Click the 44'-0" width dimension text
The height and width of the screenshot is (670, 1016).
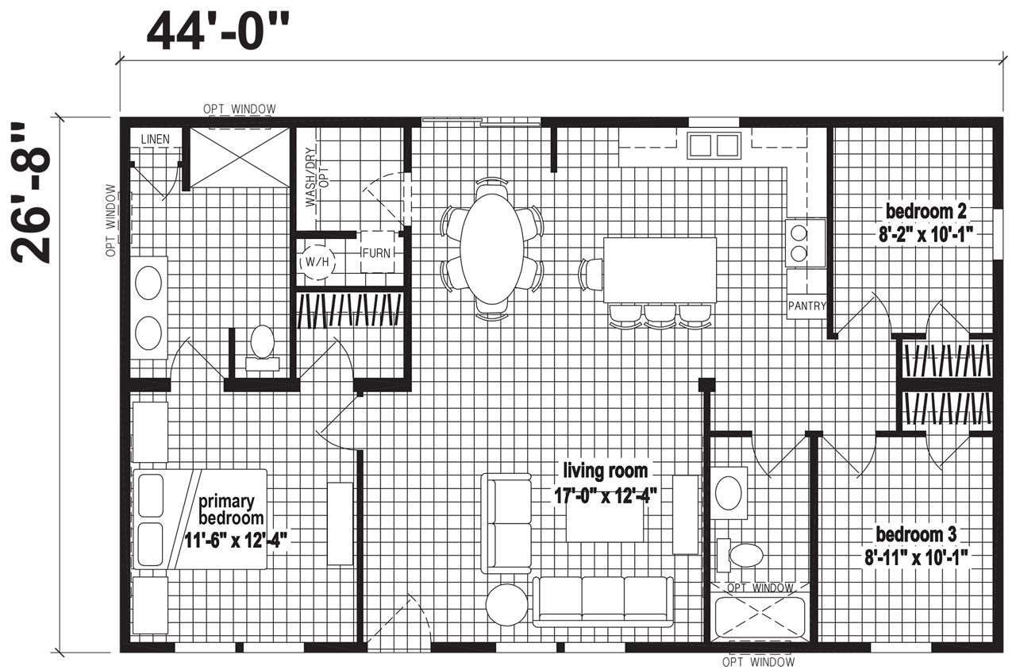(x=217, y=33)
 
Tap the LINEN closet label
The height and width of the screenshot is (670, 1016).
(x=155, y=139)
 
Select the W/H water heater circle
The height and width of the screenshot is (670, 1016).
(x=317, y=262)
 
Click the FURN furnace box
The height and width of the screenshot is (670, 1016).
(x=377, y=252)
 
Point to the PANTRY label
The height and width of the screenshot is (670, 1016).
(x=807, y=306)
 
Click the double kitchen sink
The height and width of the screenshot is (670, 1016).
(x=714, y=145)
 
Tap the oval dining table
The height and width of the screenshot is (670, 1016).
(x=492, y=248)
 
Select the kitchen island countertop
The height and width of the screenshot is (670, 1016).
(x=660, y=270)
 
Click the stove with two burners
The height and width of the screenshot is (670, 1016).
(x=806, y=243)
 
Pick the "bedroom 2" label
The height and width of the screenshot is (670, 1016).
(x=926, y=211)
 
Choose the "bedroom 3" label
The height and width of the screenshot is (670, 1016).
(x=916, y=534)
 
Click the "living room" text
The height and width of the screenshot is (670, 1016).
(x=605, y=471)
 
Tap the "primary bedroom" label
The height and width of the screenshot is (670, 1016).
(x=230, y=510)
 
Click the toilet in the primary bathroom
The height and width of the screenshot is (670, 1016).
(x=262, y=348)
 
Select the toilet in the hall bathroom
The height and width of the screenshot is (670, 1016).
(x=739, y=555)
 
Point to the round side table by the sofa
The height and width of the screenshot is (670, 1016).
(x=506, y=605)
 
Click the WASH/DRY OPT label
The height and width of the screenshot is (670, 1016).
(x=317, y=176)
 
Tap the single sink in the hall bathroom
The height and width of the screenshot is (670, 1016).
(x=729, y=493)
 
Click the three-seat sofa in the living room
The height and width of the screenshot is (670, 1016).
(x=602, y=602)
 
